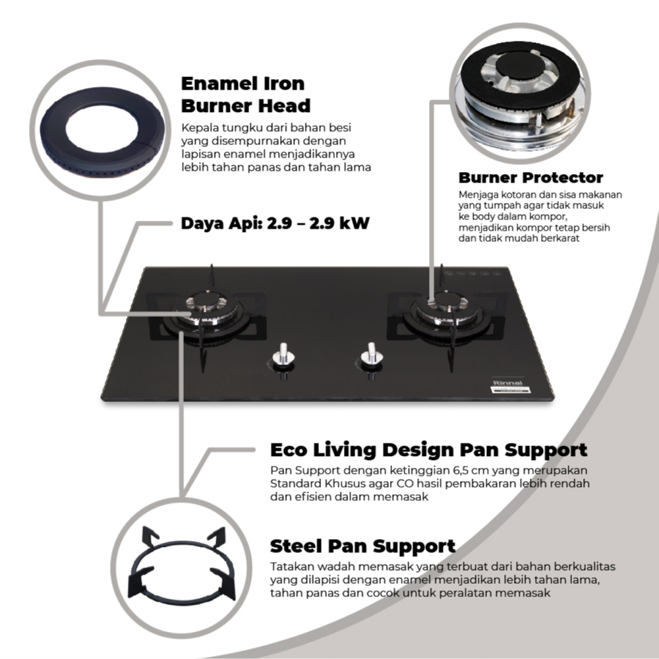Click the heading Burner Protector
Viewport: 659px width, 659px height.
click(530, 177)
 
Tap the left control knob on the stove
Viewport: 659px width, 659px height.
click(283, 358)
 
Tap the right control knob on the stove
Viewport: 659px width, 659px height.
click(371, 358)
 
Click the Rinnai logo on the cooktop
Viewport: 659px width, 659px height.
click(507, 383)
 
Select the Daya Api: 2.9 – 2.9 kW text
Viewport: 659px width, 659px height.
click(275, 223)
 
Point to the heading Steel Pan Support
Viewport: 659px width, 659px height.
click(362, 546)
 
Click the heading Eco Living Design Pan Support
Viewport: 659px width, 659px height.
click(428, 450)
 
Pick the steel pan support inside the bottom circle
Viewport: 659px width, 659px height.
click(182, 564)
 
